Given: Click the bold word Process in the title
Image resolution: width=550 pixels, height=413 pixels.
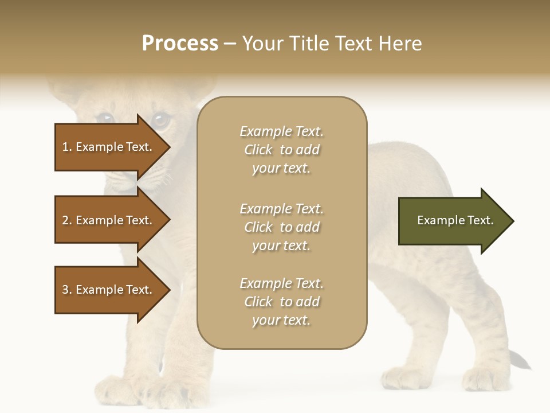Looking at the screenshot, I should click(x=180, y=44).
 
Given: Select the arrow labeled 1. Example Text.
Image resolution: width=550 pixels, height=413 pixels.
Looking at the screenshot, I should click(x=109, y=147).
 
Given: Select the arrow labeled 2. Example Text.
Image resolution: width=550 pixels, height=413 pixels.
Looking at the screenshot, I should click(x=109, y=220).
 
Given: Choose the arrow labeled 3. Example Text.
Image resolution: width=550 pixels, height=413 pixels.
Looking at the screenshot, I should click(x=109, y=290).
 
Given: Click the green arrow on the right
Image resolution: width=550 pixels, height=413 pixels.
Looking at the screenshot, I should click(x=453, y=220).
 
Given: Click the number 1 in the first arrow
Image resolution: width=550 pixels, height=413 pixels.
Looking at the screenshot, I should click(x=66, y=147).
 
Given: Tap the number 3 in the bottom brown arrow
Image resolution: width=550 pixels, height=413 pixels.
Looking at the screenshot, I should click(x=66, y=290).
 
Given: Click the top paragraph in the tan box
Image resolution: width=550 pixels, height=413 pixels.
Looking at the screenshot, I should click(x=281, y=150).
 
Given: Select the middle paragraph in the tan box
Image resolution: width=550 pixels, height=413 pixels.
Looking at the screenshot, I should click(x=281, y=227).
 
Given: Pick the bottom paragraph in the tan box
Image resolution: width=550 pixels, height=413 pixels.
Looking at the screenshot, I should click(x=281, y=302).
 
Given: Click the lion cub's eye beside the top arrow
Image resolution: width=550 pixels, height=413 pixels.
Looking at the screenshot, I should click(x=161, y=120).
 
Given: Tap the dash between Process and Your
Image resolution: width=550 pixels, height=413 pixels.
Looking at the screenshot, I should click(x=230, y=44).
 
